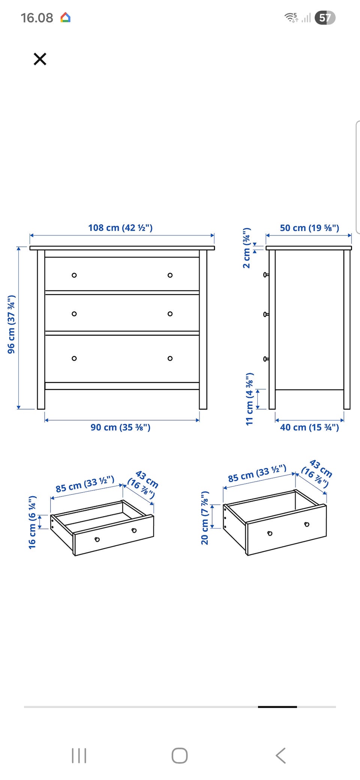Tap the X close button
point(40,59)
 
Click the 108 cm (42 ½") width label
point(120,228)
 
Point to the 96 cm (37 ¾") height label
point(12,324)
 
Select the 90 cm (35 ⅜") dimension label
point(120,427)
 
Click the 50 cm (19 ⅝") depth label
point(309,228)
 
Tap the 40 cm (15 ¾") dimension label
point(309,427)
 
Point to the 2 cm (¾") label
point(246,247)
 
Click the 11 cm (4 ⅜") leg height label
point(249,399)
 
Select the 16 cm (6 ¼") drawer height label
point(33,522)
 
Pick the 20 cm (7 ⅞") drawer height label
point(205,517)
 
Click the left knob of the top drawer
point(74,275)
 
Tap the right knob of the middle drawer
point(170,314)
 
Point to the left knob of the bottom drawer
point(74,358)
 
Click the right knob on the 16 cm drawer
point(134,530)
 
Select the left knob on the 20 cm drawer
point(270,533)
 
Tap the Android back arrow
point(281,756)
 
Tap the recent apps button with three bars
point(79,756)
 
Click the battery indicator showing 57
point(325,18)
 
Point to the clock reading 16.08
point(37,18)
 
